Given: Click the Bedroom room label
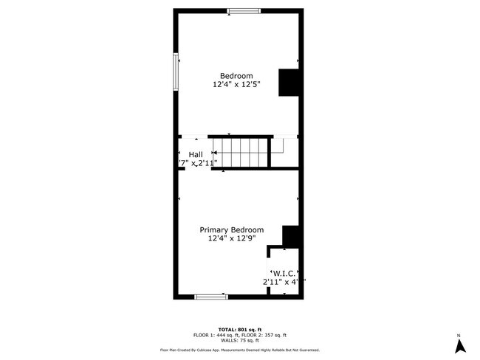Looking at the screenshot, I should (236, 75).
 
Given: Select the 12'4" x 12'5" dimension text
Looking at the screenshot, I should (236, 85).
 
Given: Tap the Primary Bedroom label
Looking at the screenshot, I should (232, 229).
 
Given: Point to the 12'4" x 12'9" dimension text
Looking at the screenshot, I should (232, 239).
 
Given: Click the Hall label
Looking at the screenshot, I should (196, 154).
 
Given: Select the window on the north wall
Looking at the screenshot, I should (243, 10).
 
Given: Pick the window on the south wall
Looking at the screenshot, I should (210, 297).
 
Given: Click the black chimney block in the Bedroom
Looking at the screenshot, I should (287, 83).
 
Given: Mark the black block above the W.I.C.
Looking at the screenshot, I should (292, 236).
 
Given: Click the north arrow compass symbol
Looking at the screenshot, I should (459, 344).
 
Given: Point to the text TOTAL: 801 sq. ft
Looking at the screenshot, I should (240, 329).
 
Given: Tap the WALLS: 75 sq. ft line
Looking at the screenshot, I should (240, 341).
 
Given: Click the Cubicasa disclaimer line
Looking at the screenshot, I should (240, 350).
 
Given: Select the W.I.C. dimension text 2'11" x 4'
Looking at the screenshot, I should (284, 282).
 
